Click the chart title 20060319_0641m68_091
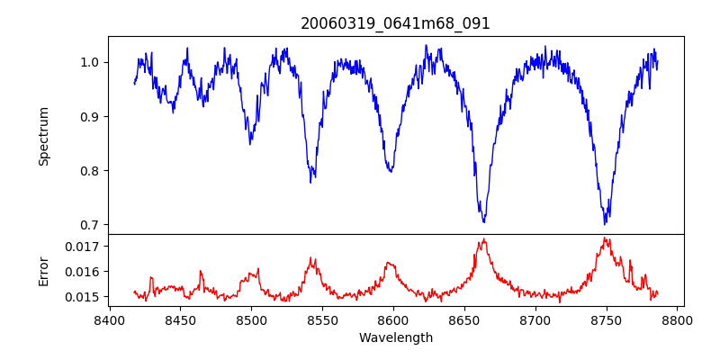click(x=396, y=23)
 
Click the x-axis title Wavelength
click(x=396, y=337)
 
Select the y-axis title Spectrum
click(x=43, y=136)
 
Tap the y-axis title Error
click(x=43, y=270)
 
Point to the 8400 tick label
click(x=109, y=319)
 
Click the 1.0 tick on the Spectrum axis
click(x=91, y=62)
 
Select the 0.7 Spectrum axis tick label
click(x=91, y=225)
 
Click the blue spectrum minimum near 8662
click(x=483, y=221)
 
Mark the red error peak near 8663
click(x=483, y=239)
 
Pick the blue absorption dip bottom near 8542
click(x=310, y=182)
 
